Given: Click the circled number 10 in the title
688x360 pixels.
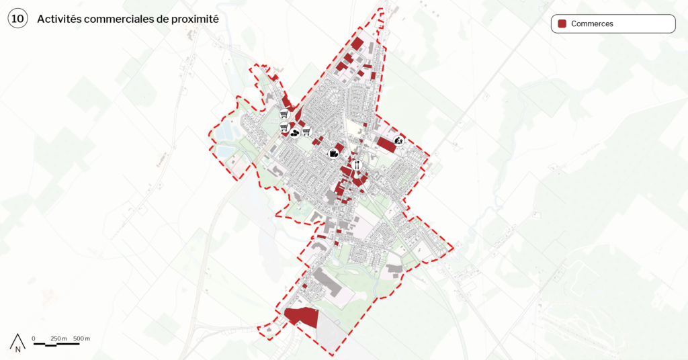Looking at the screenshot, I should pos(17,19).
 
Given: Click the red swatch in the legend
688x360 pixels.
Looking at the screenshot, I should pos(562,24).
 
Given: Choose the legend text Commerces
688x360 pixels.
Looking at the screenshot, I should pos(592,24).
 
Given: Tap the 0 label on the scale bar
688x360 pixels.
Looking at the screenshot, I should pos(34,338).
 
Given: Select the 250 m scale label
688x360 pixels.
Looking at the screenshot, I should pos(59,338).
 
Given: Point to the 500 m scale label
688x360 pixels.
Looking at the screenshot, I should pos(82,338).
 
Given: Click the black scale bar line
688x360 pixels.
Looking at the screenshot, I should pos(56,344).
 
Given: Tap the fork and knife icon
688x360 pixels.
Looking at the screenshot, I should pos(357,165).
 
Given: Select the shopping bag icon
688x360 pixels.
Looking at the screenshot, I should pos(333,154).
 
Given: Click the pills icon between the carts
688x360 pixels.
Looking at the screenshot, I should pos(294,133).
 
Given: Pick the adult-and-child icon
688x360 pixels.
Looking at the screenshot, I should pos(399,140).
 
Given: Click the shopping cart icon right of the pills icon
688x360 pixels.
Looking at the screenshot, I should pos(306,131).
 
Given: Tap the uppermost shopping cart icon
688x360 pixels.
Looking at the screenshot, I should pos(284,114).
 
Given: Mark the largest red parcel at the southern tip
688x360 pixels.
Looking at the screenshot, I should pos(302,316).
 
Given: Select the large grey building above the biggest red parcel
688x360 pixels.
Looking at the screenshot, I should pos(328,281).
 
